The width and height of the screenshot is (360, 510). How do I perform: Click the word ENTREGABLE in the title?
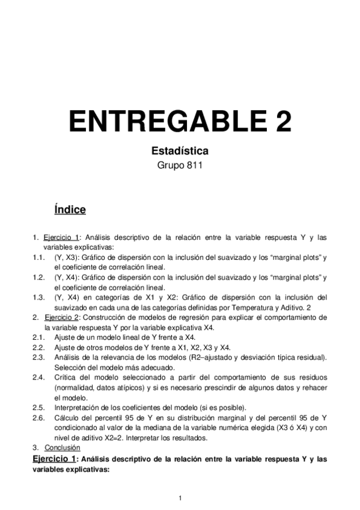click(x=162, y=121)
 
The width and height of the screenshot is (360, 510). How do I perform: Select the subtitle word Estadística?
click(x=180, y=152)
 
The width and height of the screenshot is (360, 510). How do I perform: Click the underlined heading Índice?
click(x=70, y=210)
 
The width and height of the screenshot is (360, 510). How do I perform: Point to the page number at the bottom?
click(x=180, y=497)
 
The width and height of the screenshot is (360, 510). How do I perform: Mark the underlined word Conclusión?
click(x=62, y=448)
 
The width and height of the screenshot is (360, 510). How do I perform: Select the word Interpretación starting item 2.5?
click(x=78, y=407)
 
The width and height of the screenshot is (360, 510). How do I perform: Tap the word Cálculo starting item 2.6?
click(x=67, y=417)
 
